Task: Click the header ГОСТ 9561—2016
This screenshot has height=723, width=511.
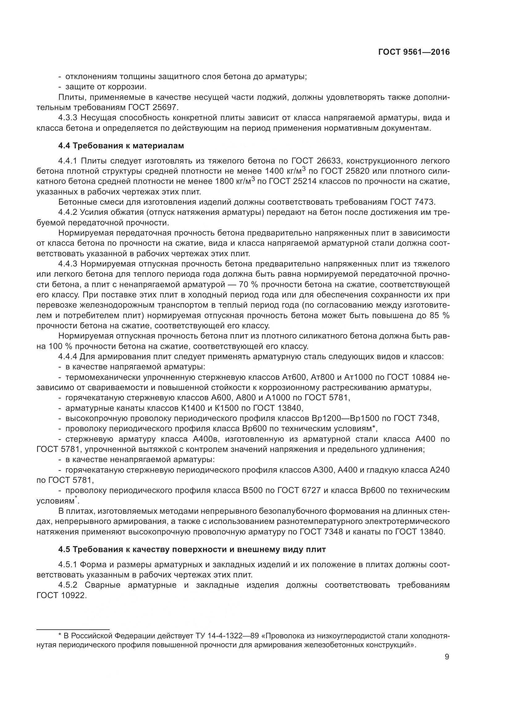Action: click(x=414, y=52)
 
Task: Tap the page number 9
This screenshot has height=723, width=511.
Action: click(x=447, y=657)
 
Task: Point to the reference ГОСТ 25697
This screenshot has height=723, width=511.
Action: click(x=153, y=107)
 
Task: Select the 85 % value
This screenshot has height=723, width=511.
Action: click(x=439, y=316)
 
